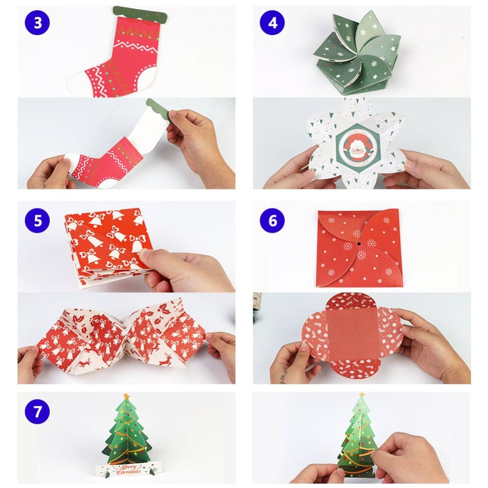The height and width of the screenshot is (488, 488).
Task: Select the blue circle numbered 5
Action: click(x=37, y=221)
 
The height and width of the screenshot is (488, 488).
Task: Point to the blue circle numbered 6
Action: click(x=272, y=221)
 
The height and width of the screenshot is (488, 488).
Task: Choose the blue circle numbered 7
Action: click(x=37, y=411)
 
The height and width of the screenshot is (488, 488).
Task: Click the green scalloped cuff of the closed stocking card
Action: click(x=139, y=11)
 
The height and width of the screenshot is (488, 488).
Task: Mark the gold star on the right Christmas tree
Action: click(x=362, y=395)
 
